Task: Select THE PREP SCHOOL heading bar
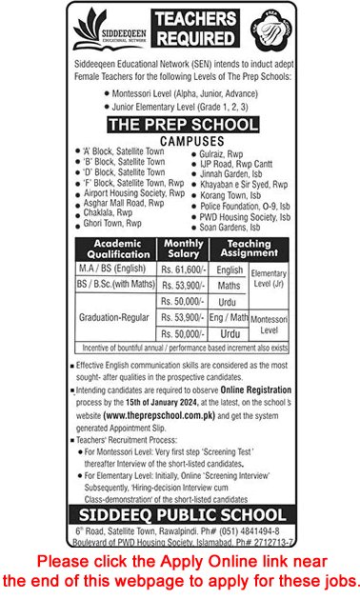click(x=179, y=125)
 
